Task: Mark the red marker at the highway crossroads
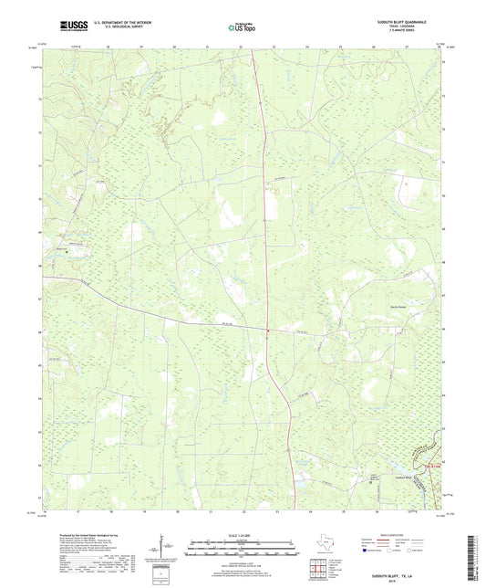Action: pyautogui.click(x=269, y=331)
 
